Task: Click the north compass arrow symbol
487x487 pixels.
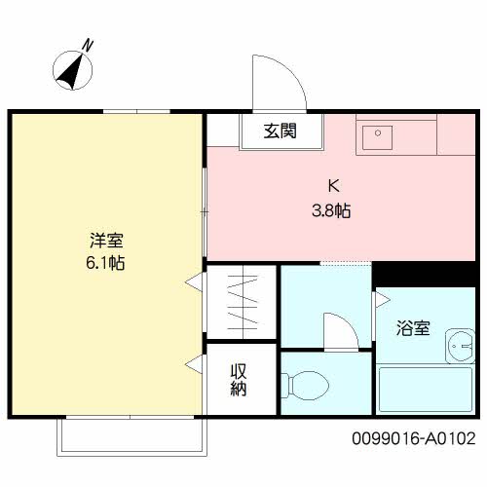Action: pyautogui.click(x=70, y=70)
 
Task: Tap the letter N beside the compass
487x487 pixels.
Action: pyautogui.click(x=89, y=44)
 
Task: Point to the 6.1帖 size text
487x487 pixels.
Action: pyautogui.click(x=105, y=262)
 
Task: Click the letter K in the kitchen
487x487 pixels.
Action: pyautogui.click(x=332, y=185)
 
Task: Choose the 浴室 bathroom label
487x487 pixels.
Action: pyautogui.click(x=414, y=328)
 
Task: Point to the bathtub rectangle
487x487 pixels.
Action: pyautogui.click(x=424, y=390)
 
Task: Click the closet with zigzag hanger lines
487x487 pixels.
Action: pyautogui.click(x=241, y=302)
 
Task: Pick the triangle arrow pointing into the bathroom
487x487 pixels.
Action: pyautogui.click(x=379, y=301)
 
